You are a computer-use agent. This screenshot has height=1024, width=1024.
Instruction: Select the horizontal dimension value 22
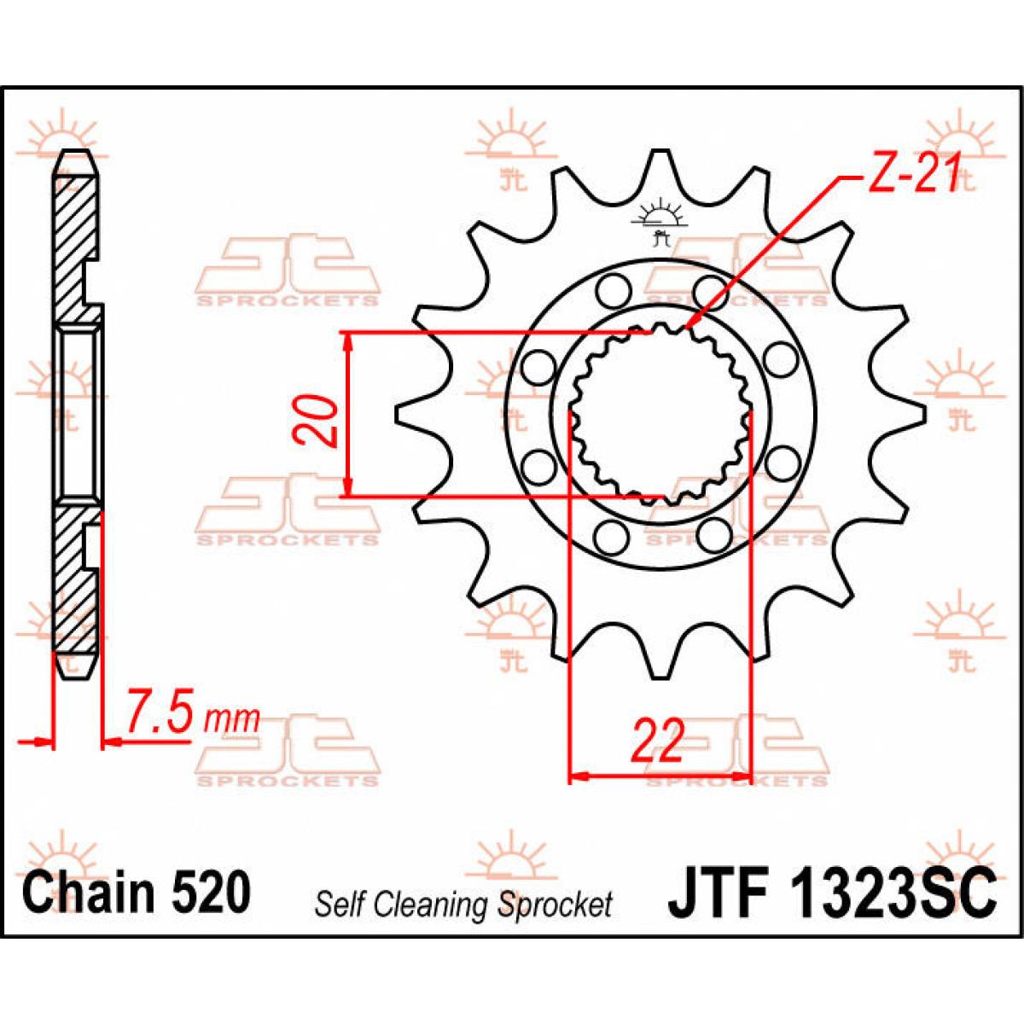pos(657,740)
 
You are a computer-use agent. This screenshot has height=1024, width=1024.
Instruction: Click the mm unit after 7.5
pos(232,719)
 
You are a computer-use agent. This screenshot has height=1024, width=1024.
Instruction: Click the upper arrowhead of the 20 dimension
pos(347,340)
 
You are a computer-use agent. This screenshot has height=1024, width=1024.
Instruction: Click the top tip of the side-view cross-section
pos(76,154)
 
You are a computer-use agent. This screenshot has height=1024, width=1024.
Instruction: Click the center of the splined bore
pos(658,414)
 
